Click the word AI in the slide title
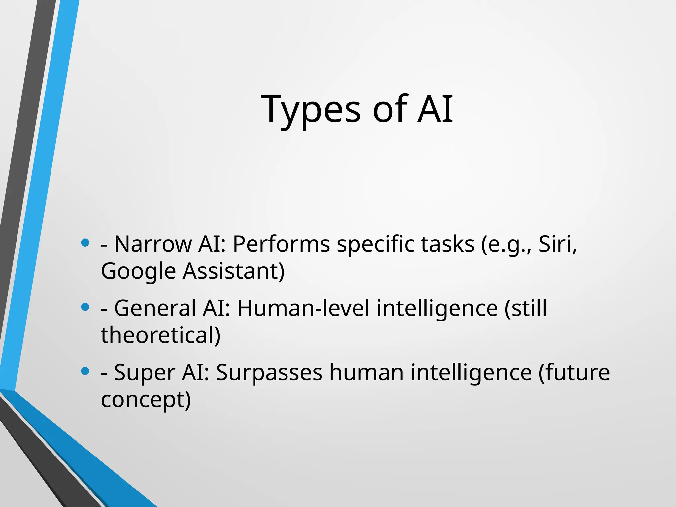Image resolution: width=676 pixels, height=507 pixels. (435, 109)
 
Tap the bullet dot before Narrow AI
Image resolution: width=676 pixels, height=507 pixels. (85, 243)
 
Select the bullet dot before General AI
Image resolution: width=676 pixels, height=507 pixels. (85, 307)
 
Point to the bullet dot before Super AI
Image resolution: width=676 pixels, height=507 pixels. (85, 371)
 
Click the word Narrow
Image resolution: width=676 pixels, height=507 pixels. (153, 244)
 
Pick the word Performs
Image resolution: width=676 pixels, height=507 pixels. (281, 244)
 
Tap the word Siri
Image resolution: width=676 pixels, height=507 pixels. (557, 244)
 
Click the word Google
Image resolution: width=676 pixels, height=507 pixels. (138, 271)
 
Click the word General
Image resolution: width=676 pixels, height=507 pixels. (155, 308)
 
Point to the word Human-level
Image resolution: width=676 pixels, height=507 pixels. (303, 308)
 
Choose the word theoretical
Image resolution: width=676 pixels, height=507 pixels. (160, 335)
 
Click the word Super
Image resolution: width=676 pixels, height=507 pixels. (144, 372)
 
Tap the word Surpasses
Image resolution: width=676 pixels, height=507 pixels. (269, 372)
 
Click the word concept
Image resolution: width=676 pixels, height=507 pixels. (145, 400)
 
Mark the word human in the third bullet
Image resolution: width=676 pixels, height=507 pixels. (366, 372)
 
